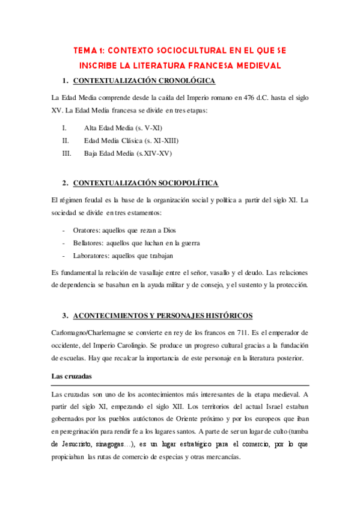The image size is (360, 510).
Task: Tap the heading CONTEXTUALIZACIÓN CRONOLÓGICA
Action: pyautogui.click(x=144, y=81)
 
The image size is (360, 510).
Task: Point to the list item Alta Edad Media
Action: pyautogui.click(x=123, y=128)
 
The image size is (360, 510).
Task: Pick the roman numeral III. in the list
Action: pyautogui.click(x=67, y=153)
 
